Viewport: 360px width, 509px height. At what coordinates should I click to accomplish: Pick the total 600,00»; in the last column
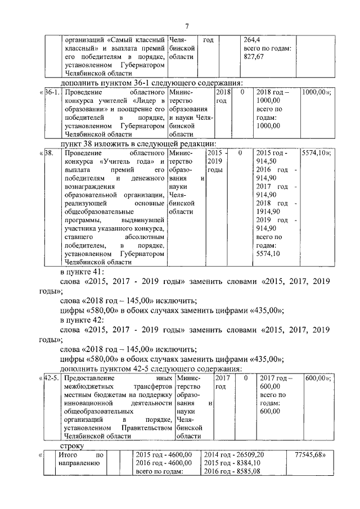(x=317, y=378)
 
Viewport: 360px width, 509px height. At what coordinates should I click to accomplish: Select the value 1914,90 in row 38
(x=268, y=211)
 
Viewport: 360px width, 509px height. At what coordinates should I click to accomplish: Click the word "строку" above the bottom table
(x=71, y=444)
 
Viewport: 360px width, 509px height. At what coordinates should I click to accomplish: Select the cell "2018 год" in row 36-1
(x=223, y=96)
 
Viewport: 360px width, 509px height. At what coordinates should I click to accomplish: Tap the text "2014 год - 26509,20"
(x=234, y=454)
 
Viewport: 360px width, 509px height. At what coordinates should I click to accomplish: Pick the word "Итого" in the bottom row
(x=69, y=454)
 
